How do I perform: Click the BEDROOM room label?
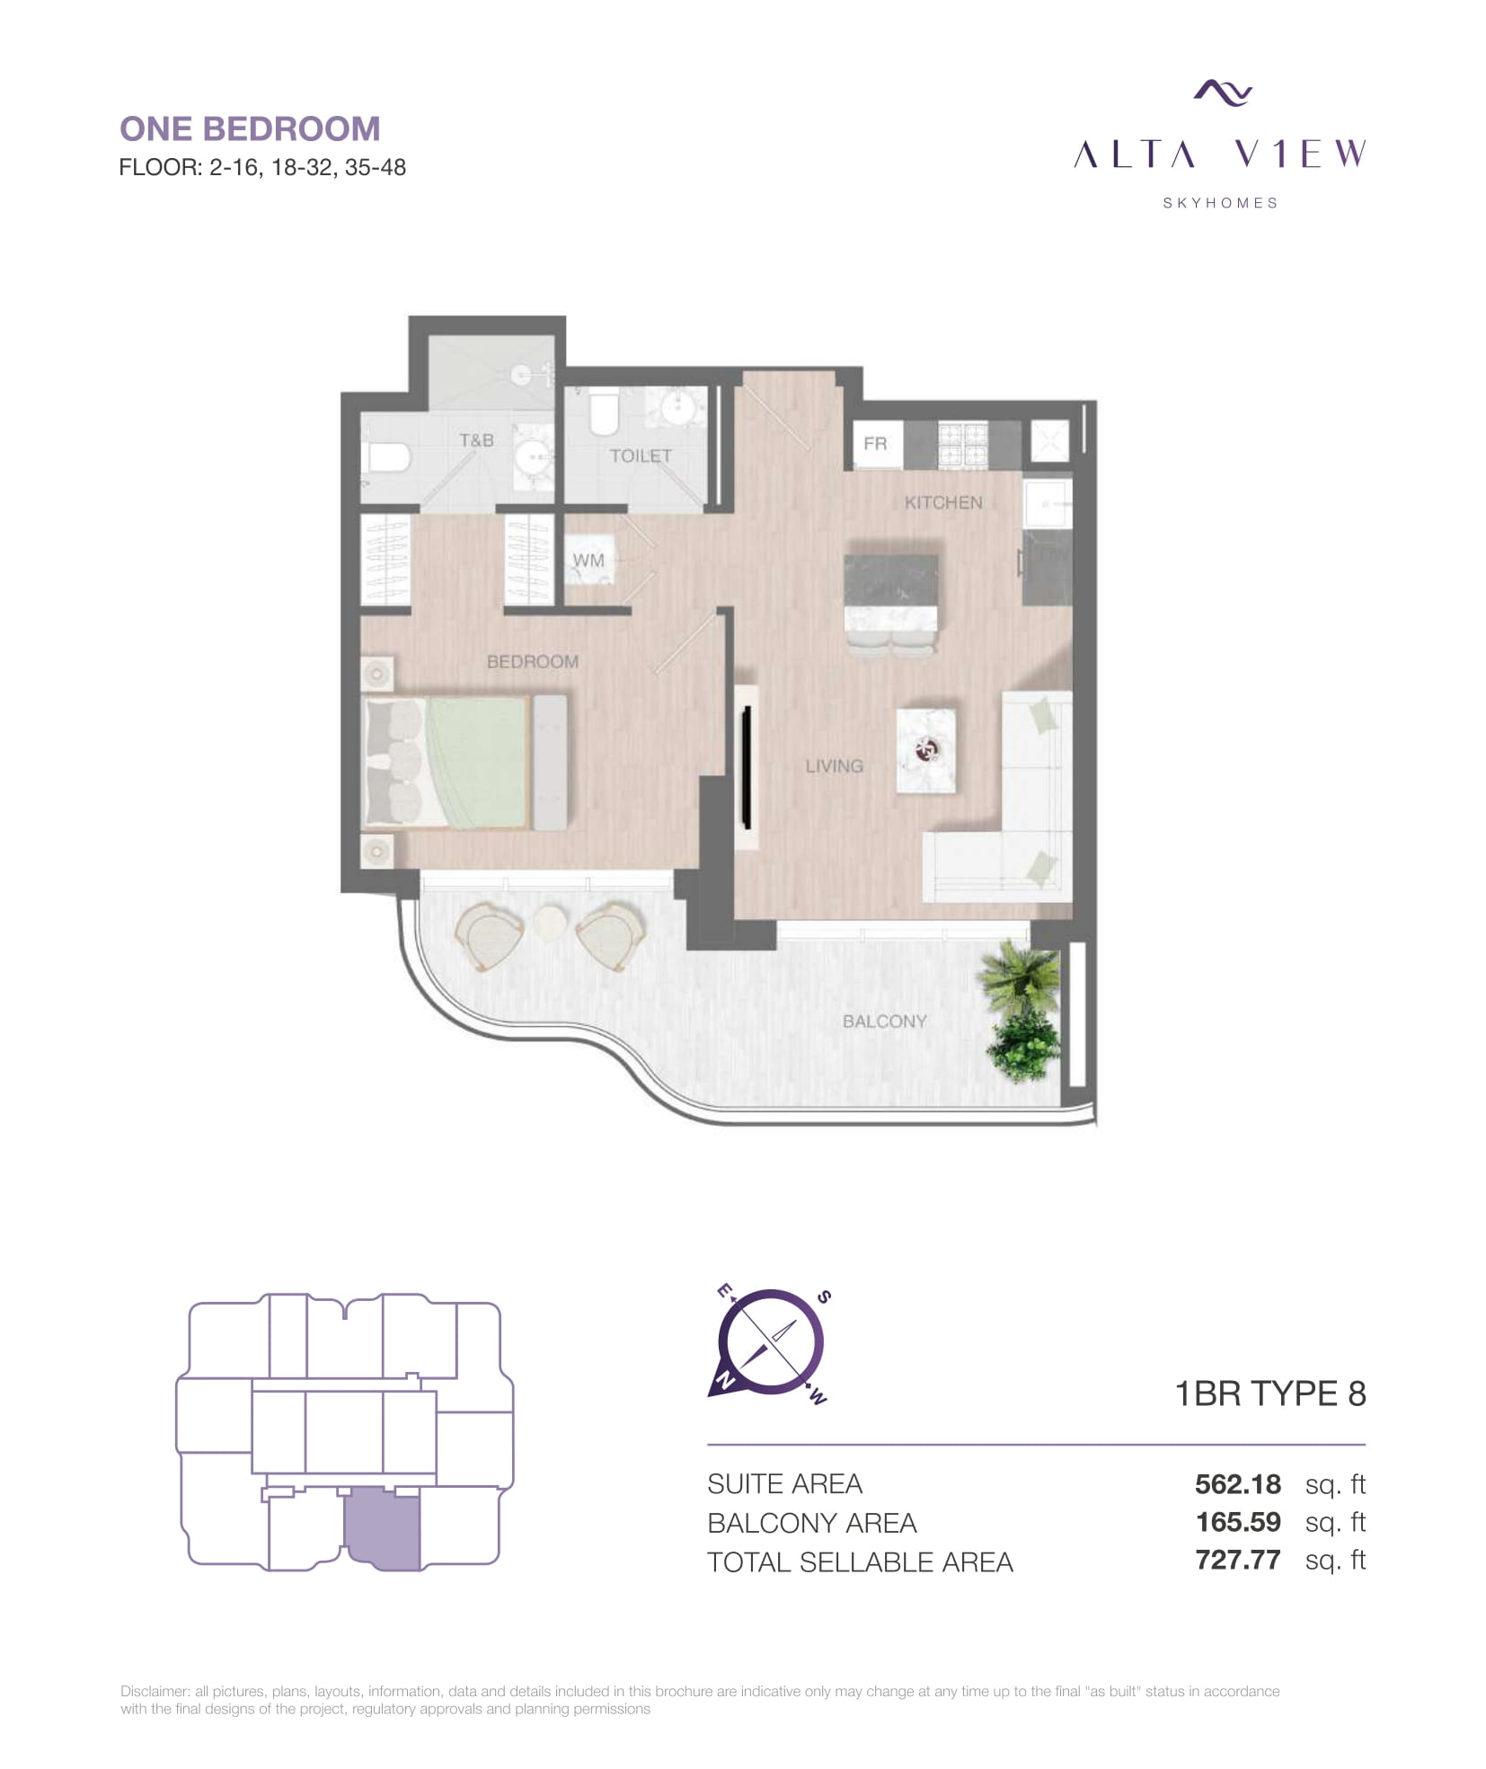click(x=532, y=661)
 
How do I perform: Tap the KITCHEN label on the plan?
click(x=942, y=502)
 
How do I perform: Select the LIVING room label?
click(x=834, y=765)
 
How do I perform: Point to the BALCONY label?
click(x=884, y=1021)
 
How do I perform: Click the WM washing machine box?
click(x=589, y=560)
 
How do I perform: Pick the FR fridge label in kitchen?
click(x=875, y=443)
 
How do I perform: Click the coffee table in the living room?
click(x=925, y=750)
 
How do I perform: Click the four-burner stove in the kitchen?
click(x=962, y=445)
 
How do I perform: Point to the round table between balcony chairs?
click(x=550, y=923)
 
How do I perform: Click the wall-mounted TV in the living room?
click(x=746, y=766)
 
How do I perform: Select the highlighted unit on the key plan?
click(x=383, y=1528)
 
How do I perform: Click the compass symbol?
click(x=770, y=1344)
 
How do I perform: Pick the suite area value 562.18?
click(x=1237, y=1484)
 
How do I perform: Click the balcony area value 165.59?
click(x=1238, y=1522)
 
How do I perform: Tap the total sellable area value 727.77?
click(x=1237, y=1560)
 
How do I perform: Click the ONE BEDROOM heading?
click(x=250, y=129)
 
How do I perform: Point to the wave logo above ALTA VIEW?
click(x=1223, y=92)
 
